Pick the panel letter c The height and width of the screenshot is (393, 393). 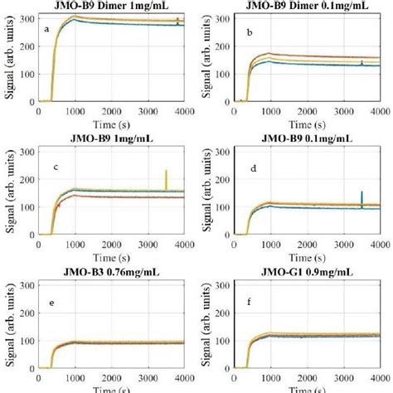coord(55,167)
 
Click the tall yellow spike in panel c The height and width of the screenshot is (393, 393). coord(166,178)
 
